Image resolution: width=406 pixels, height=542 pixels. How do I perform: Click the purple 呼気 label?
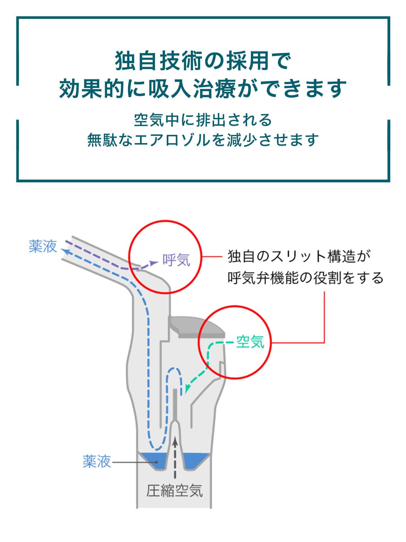pos(176,260)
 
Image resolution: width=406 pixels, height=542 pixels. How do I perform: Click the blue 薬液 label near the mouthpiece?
pos(43,246)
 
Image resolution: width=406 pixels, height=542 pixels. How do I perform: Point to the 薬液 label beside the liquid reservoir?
pos(97,461)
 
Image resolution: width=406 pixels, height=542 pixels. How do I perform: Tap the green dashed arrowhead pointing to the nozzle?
pos(187,389)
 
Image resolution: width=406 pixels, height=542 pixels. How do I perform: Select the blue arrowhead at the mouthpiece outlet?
pos(64,251)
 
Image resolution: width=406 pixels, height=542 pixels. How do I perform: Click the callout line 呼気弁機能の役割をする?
pos(305,278)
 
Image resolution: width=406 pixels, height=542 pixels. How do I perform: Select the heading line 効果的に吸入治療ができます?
pos(203,88)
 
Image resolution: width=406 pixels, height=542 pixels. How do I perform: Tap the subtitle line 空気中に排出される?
pos(203,120)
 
